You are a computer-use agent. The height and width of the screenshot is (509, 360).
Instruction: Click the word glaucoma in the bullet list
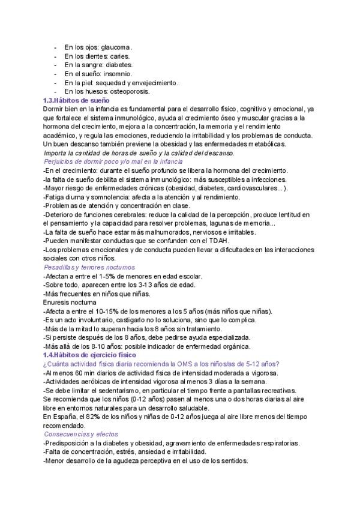pos(116,47)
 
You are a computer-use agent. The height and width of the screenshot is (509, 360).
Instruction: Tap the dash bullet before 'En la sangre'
pos(55,65)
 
